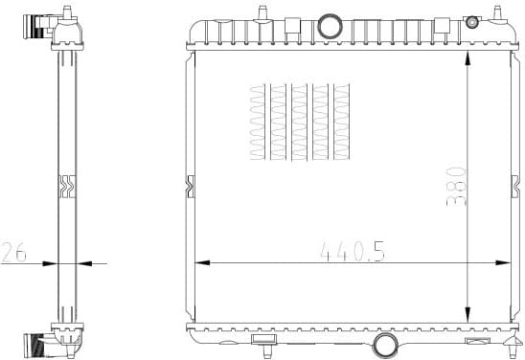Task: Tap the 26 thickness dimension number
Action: coord(13,252)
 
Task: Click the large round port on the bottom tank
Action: coord(385,346)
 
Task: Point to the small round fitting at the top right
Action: coord(471,22)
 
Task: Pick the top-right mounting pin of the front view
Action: coord(497,11)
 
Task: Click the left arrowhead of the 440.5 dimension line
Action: coord(201,261)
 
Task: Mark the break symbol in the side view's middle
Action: coord(66,184)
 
